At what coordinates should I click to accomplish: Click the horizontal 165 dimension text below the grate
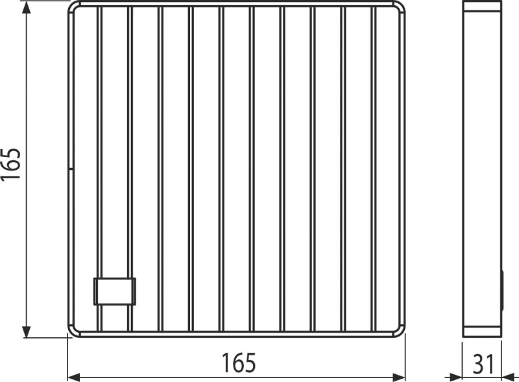click(x=238, y=363)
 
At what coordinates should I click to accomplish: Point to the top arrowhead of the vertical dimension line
click(x=27, y=8)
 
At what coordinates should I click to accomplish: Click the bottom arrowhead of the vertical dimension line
click(x=27, y=332)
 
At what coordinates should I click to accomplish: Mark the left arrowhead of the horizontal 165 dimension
click(x=75, y=376)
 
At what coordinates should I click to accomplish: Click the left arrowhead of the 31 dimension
click(x=455, y=376)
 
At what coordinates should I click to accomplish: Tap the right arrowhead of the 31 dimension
click(x=511, y=376)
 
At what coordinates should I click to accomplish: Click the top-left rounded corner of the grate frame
click(x=73, y=8)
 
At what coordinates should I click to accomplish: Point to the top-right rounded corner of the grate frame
click(x=396, y=8)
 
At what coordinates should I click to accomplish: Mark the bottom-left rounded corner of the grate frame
click(x=73, y=331)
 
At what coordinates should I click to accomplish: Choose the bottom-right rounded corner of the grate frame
click(x=396, y=331)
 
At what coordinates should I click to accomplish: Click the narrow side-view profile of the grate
click(x=483, y=169)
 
